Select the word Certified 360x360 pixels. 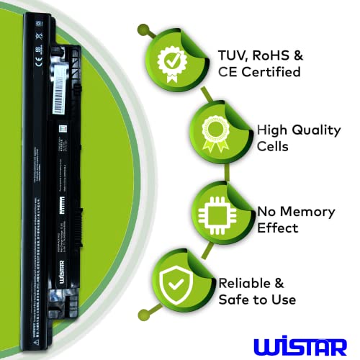point(272,72)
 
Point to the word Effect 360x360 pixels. point(278,228)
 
